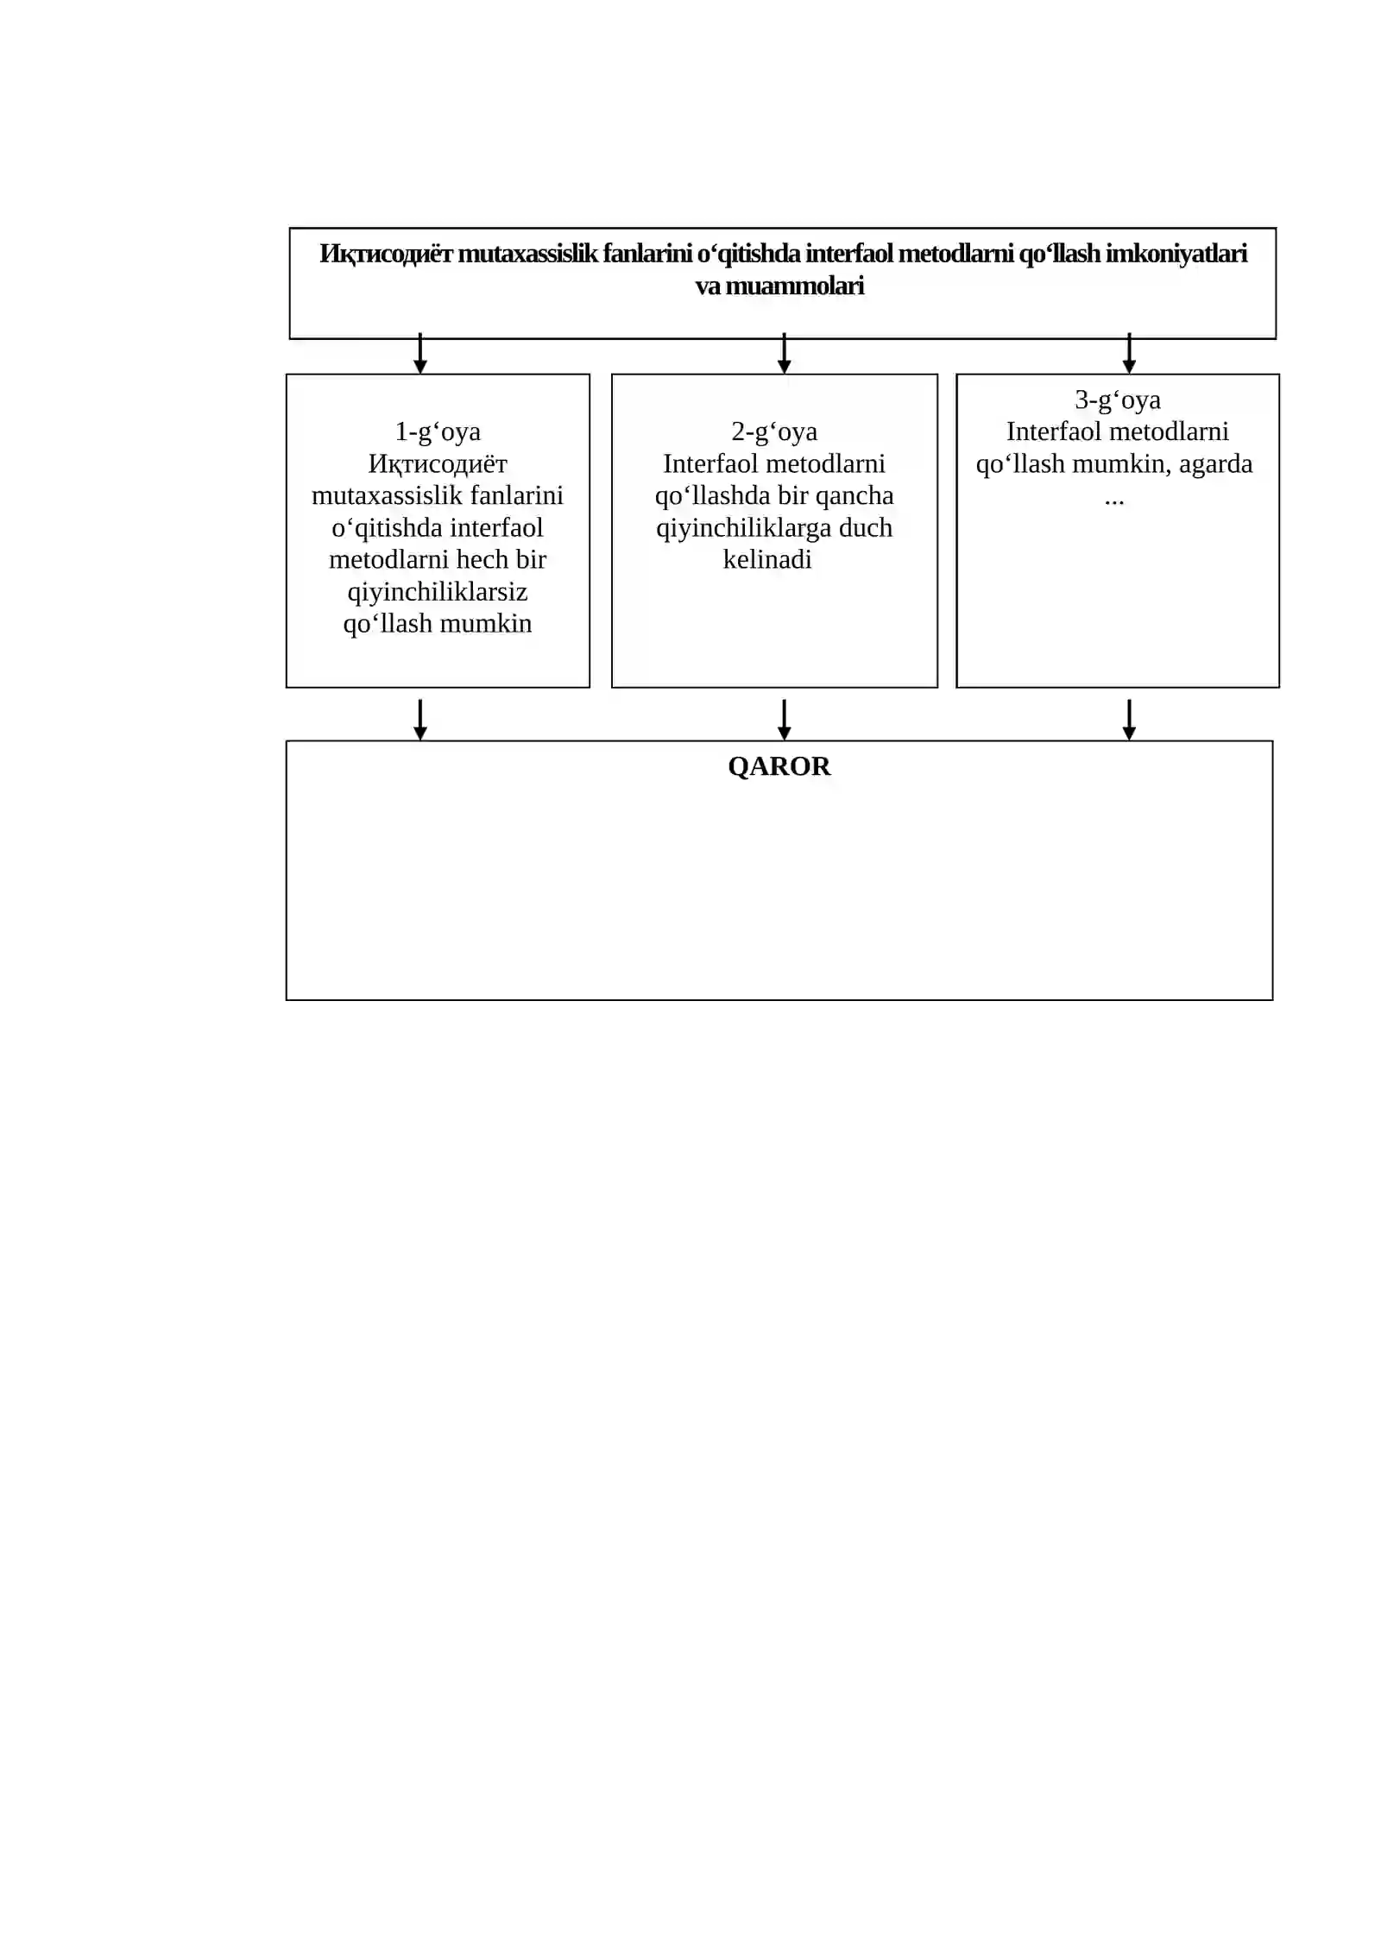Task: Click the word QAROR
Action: click(779, 766)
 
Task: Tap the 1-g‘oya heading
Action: click(438, 431)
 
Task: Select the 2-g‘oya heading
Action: click(774, 431)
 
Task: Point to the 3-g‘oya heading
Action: click(1118, 400)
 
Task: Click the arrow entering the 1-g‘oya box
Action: click(420, 354)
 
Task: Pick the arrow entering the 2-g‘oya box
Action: click(784, 354)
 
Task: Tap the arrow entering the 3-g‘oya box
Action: click(1129, 354)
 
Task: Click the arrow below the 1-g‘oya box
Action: click(420, 720)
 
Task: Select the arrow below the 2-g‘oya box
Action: click(784, 720)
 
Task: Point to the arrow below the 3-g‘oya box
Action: click(1129, 720)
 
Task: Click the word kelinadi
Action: click(767, 559)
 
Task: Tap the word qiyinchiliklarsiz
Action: click(438, 592)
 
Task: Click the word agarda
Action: click(1215, 464)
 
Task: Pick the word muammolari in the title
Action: click(795, 286)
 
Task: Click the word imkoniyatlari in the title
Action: click(1176, 254)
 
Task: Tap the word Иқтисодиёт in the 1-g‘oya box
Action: click(438, 464)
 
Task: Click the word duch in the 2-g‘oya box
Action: click(866, 527)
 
